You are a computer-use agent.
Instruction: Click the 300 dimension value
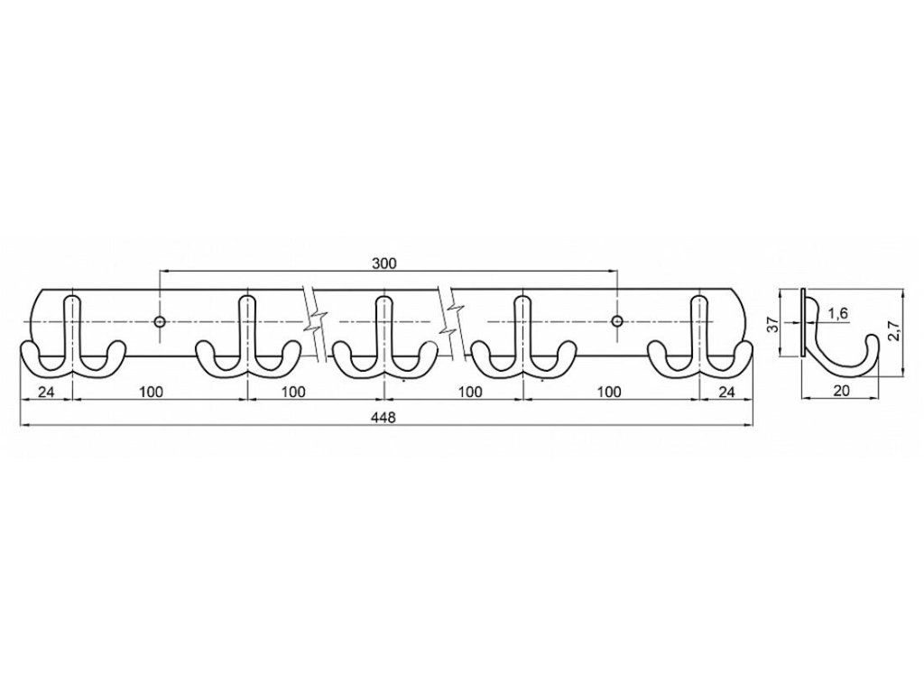coord(384,263)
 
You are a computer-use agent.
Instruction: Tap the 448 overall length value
coord(383,417)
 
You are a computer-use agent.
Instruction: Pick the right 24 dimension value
coord(727,392)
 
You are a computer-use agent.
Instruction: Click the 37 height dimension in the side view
coord(774,324)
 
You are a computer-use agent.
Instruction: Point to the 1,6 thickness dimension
coord(837,313)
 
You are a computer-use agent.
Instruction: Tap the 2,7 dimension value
coord(894,331)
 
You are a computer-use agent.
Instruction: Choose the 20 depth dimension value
coord(842,390)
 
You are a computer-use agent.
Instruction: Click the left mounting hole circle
coord(160,321)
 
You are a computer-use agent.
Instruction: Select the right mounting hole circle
coord(617,321)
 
